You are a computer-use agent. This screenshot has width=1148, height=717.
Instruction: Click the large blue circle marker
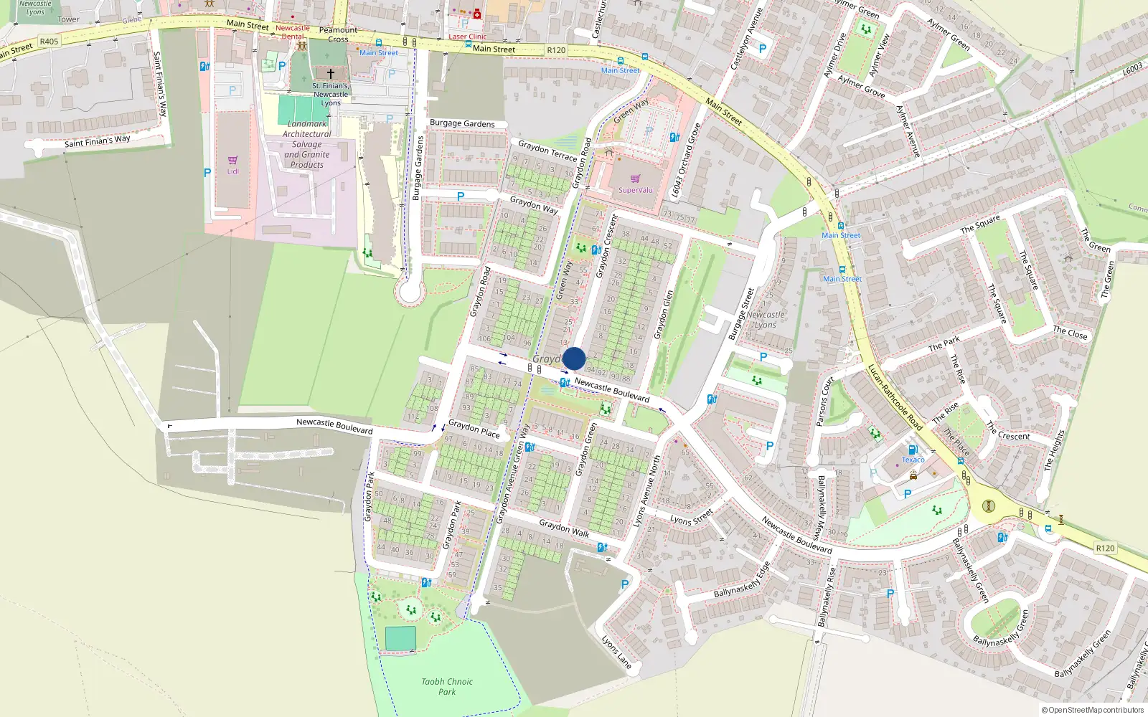coord(574,358)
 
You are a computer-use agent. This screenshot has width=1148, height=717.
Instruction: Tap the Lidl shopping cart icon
coord(232,160)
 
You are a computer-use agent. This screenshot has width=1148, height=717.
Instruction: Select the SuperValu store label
coord(636,190)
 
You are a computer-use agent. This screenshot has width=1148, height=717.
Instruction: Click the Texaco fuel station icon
coord(913,450)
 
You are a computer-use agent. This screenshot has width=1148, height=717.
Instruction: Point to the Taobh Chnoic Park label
coord(447,687)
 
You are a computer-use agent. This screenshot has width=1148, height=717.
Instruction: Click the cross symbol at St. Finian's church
coord(331,73)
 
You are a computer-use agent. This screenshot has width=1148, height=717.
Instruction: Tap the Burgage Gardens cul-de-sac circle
coord(410,292)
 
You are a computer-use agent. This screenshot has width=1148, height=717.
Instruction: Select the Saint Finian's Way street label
coord(98,141)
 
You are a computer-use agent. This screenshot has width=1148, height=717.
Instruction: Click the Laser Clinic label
coord(467,37)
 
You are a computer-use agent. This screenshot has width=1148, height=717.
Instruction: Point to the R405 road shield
coord(49,42)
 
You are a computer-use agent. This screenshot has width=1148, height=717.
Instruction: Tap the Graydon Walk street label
coord(564,528)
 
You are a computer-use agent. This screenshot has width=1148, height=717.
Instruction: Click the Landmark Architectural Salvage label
coord(306,144)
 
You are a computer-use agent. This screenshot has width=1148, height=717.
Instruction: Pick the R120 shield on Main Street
coord(556,50)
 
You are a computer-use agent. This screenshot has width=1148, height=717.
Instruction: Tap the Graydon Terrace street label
coord(547,151)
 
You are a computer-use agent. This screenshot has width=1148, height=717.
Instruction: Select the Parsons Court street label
coord(825,402)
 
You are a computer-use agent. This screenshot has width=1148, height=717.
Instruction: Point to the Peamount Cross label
coord(338,34)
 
